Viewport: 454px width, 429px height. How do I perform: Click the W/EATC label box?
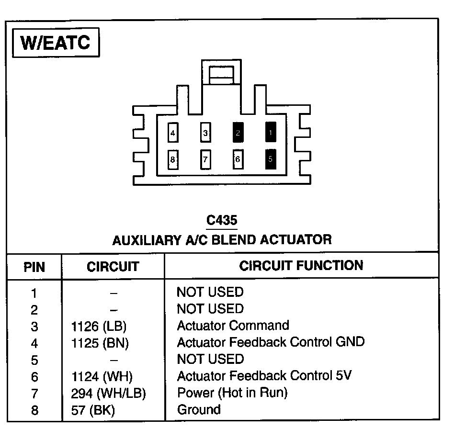tap(56, 44)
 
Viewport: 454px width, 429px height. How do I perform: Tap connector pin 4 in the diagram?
tap(172, 133)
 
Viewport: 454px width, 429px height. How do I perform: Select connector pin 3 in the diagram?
tap(205, 133)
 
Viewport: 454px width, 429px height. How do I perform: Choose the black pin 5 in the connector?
tap(270, 159)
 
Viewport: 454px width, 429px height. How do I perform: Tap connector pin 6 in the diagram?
tap(238, 159)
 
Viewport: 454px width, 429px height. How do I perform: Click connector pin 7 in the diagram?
tap(205, 159)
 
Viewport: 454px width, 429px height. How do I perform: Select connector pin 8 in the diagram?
tap(172, 159)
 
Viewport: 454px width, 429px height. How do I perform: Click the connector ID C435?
tap(222, 221)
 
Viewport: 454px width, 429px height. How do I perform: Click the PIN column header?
tap(34, 267)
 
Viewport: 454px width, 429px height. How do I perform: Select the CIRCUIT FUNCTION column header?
tap(301, 265)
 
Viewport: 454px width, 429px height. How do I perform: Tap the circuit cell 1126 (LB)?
tap(99, 327)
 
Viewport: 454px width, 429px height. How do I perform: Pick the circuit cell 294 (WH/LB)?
tap(108, 394)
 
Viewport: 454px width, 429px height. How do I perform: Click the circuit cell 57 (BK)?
tap(93, 410)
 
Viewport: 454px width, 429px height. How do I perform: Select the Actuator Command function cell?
tap(233, 326)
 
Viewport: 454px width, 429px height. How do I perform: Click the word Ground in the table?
tap(199, 410)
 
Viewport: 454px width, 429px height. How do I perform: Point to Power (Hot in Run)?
tap(232, 393)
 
